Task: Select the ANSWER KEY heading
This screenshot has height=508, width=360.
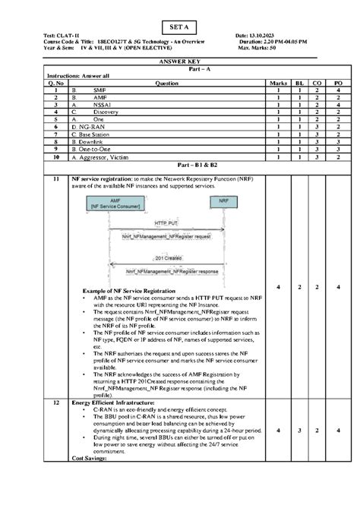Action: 179,62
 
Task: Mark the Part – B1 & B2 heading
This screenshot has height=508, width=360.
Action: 180,165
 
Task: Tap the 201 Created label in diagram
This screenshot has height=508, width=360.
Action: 169,257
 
